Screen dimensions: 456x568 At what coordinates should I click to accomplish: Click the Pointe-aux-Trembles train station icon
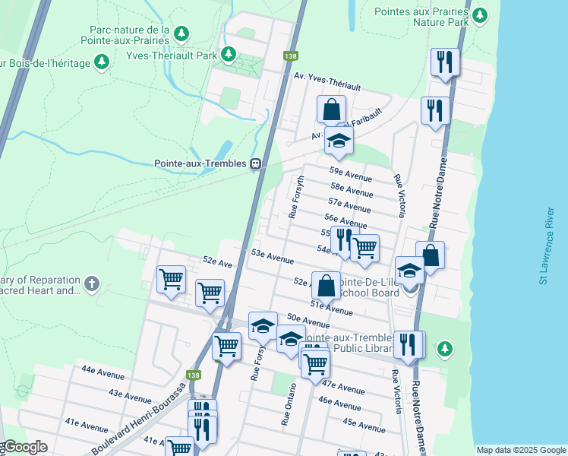(x=257, y=163)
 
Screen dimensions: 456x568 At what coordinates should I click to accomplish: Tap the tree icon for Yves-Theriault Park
(x=227, y=55)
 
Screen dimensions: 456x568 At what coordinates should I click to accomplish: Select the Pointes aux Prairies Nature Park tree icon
(x=479, y=16)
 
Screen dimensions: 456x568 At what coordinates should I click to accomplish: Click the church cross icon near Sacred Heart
(x=92, y=283)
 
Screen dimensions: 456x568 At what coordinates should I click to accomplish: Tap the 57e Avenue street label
(x=349, y=204)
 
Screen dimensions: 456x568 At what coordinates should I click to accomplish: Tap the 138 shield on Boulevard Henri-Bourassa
(x=194, y=374)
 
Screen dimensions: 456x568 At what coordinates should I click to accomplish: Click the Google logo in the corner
(x=24, y=448)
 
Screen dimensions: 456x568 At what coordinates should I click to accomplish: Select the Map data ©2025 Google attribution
(x=520, y=450)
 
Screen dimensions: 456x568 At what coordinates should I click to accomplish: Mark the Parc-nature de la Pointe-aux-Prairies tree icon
(x=181, y=33)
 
